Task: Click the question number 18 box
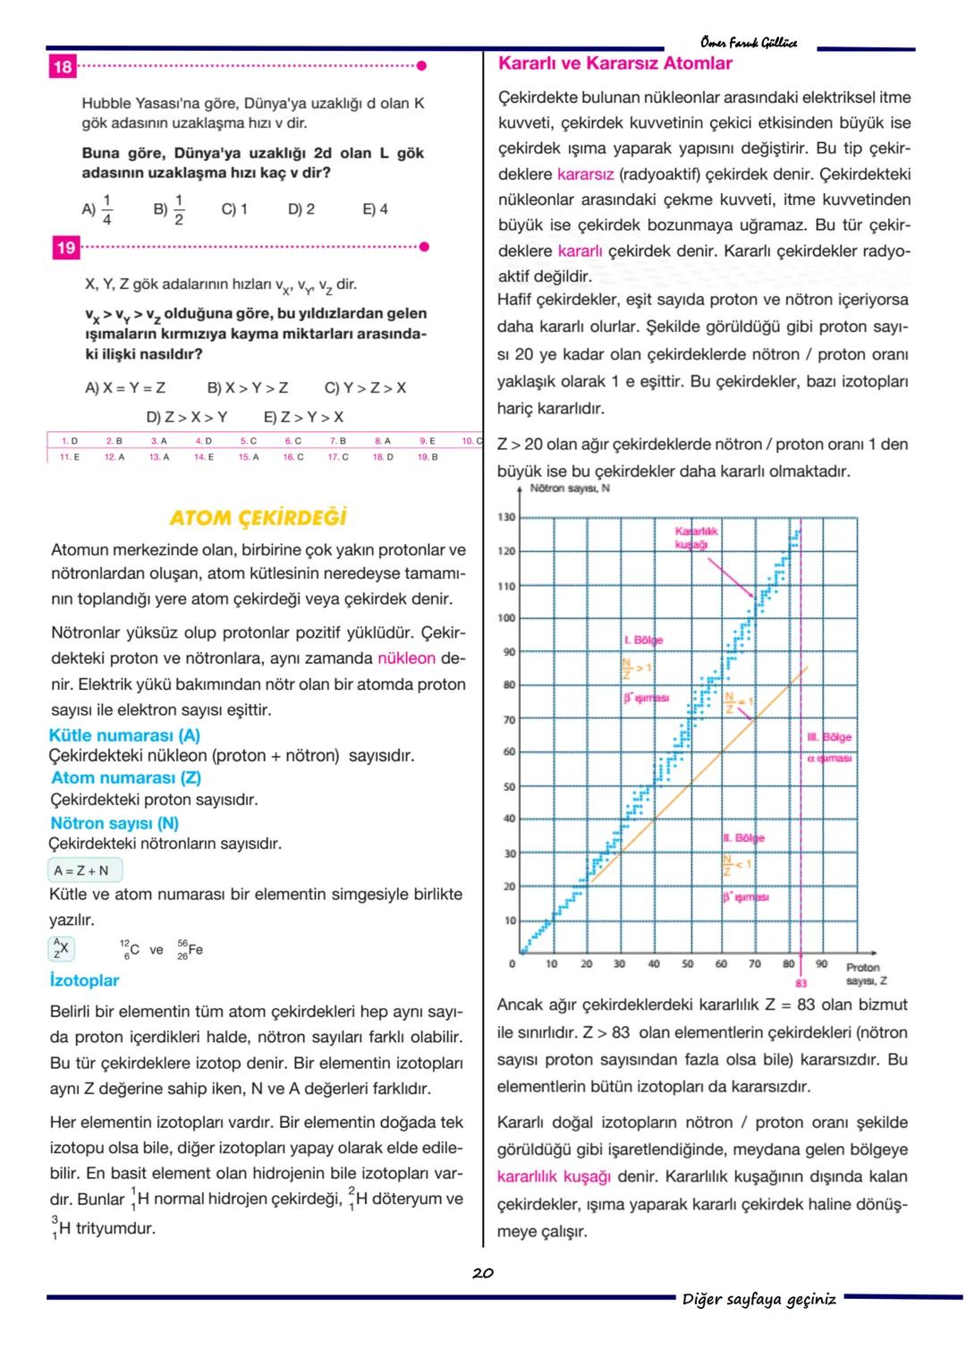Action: coord(63,67)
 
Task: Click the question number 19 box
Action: coord(66,248)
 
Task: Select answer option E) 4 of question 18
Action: coord(375,209)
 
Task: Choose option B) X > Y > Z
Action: coord(248,388)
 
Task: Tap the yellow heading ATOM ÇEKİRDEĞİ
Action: coord(258,519)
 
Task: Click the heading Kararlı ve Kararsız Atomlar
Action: coord(614,64)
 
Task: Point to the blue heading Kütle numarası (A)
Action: coord(124,735)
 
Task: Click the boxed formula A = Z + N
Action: coord(84,870)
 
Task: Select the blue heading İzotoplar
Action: coord(85,980)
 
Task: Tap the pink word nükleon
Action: coord(406,658)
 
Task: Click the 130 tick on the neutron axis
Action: coord(506,518)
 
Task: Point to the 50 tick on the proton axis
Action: coord(687,964)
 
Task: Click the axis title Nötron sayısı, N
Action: coord(570,488)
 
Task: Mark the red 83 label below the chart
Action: coord(801,982)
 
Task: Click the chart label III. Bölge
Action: coord(829,737)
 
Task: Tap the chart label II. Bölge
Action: coord(743,838)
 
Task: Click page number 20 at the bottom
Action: coord(483,1273)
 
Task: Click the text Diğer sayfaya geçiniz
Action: coord(759,1299)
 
